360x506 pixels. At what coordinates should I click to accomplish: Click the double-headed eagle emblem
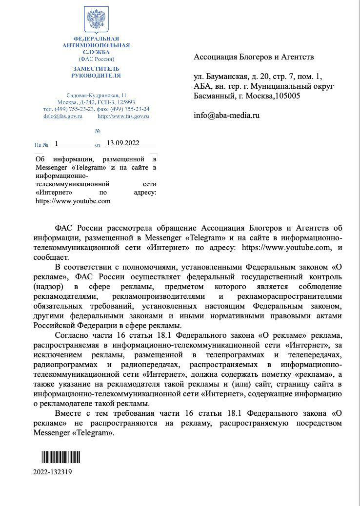(96, 20)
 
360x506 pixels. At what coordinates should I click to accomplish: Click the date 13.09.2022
(122, 143)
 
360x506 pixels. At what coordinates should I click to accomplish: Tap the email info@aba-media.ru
(226, 116)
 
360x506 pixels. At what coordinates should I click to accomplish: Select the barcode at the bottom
(60, 457)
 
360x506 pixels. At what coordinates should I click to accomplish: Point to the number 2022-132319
(53, 472)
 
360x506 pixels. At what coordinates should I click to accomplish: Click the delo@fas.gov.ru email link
(63, 116)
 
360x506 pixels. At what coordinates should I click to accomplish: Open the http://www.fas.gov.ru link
(123, 116)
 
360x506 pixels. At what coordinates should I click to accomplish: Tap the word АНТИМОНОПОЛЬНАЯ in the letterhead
(96, 45)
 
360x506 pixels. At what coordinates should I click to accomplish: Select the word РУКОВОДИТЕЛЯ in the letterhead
(96, 76)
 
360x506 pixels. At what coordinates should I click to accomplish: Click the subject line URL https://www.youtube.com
(73, 201)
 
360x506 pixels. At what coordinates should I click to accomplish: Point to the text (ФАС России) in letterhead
(96, 58)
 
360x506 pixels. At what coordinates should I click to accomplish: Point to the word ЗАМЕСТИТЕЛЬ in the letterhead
(96, 69)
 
